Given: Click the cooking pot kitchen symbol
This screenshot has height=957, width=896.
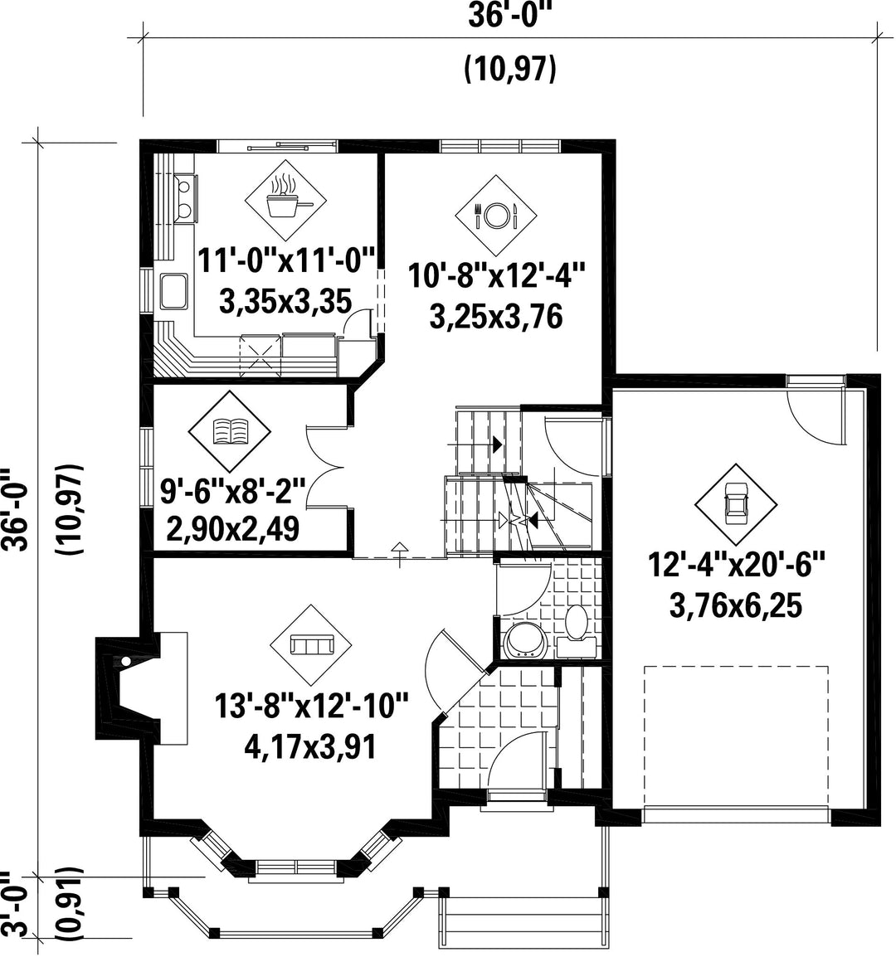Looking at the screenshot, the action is pyautogui.click(x=285, y=200).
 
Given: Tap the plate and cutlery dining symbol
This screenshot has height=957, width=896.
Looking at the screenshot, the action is pyautogui.click(x=496, y=215).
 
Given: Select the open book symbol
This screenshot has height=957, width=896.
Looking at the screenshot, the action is pyautogui.click(x=229, y=431).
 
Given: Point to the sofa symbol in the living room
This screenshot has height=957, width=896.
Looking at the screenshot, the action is pyautogui.click(x=311, y=644).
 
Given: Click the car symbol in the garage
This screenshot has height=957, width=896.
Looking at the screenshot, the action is pyautogui.click(x=735, y=504).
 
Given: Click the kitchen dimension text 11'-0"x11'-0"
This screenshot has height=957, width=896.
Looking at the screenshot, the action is pyautogui.click(x=286, y=260).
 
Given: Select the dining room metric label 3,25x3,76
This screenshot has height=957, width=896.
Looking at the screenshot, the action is pyautogui.click(x=496, y=318).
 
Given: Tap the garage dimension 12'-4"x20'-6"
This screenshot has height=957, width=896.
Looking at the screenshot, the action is pyautogui.click(x=737, y=565).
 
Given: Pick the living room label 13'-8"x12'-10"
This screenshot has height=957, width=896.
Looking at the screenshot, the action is pyautogui.click(x=311, y=707).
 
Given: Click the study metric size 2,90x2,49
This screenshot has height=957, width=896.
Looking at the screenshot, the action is pyautogui.click(x=232, y=528).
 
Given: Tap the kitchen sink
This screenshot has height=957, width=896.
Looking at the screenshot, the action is pyautogui.click(x=174, y=291).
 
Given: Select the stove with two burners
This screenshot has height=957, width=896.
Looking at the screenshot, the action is pyautogui.click(x=184, y=197).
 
